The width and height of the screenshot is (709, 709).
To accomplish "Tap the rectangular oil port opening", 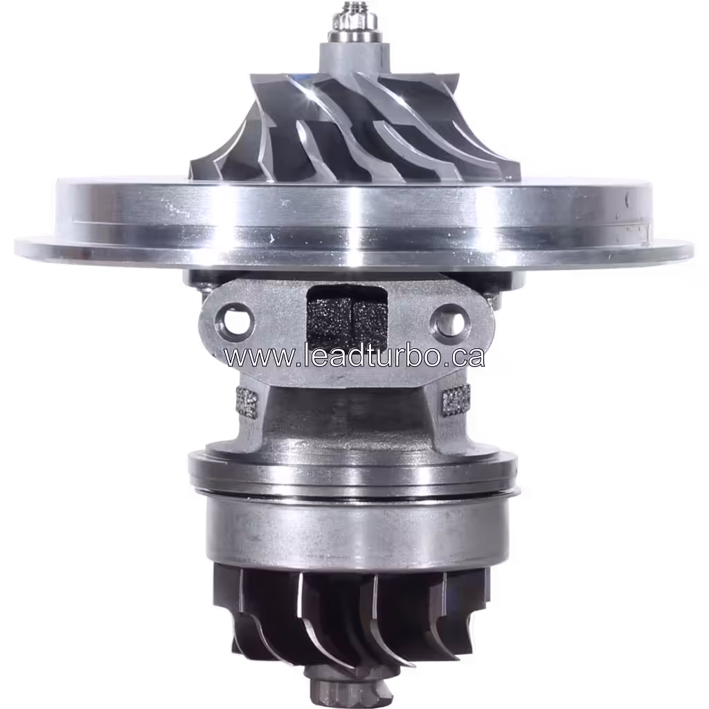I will click(x=346, y=315).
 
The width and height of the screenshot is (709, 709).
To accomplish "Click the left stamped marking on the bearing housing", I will click(x=246, y=400).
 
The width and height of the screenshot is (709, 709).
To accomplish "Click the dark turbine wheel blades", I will click(x=346, y=616).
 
